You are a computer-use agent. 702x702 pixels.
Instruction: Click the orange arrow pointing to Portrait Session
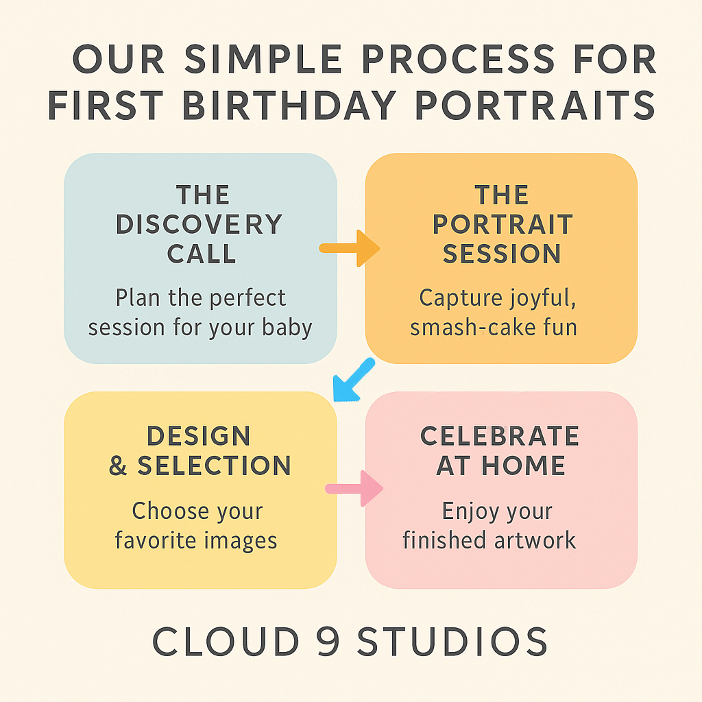point(349,248)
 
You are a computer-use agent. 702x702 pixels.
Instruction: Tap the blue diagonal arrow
point(354,380)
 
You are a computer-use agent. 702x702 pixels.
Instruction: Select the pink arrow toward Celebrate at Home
point(354,488)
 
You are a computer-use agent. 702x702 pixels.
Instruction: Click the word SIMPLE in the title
point(263,59)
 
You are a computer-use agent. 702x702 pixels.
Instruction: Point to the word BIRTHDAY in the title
point(289,105)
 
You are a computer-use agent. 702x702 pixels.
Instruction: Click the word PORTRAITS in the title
point(535,105)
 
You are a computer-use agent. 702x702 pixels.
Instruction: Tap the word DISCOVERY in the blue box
point(199,224)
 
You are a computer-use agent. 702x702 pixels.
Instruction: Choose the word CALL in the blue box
point(202,254)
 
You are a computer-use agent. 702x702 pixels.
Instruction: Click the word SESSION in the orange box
point(502,254)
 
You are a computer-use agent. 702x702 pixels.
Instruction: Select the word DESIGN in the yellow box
point(198,435)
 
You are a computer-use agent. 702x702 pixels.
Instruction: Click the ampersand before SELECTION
point(118,465)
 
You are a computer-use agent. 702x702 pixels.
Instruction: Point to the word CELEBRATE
point(500,435)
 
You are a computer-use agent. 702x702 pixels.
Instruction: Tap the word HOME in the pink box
point(523,465)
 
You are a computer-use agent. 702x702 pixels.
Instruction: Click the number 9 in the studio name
point(328,641)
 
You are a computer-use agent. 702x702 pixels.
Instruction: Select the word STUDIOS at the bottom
point(452,641)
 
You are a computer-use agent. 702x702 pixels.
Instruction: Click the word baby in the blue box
point(287,328)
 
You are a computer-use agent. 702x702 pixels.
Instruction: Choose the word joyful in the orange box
point(542,298)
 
